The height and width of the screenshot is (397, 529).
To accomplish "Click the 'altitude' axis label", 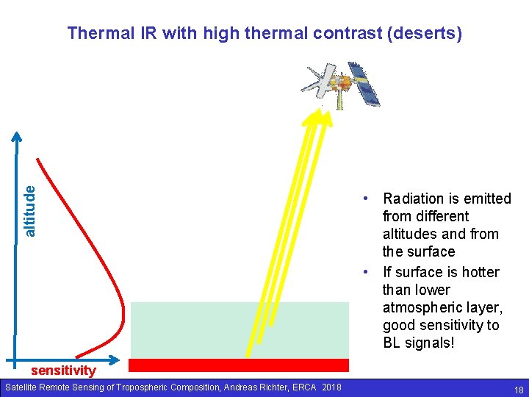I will pyautogui.click(x=29, y=211).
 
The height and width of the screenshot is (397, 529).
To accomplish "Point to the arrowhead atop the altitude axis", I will pyautogui.click(x=16, y=136).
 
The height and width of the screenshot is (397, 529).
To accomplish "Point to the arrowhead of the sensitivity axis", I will pyautogui.click(x=115, y=360).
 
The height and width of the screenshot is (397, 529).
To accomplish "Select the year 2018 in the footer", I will pyautogui.click(x=331, y=387).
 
